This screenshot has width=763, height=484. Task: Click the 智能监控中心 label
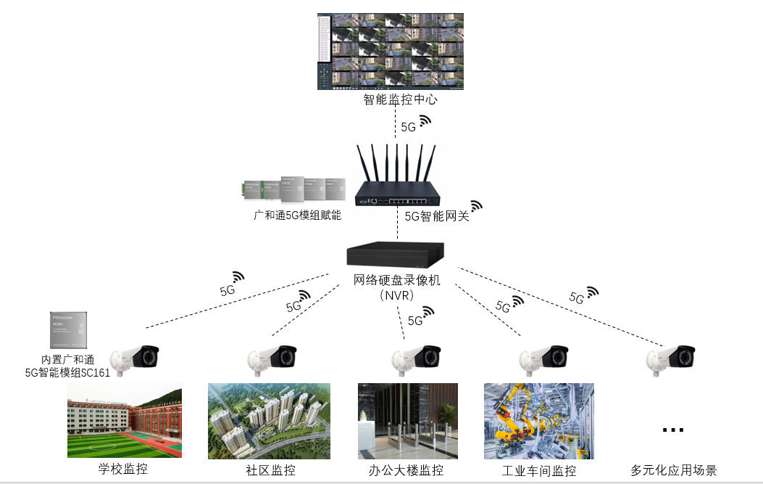click(x=400, y=100)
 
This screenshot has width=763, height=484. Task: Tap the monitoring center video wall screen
click(x=391, y=51)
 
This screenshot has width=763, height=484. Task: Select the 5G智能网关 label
click(x=437, y=216)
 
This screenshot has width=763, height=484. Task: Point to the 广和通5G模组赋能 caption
click(x=297, y=216)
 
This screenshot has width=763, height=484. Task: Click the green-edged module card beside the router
click(x=251, y=190)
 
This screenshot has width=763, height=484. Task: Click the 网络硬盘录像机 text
click(x=397, y=280)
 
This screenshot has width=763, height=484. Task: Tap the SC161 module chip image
click(x=69, y=331)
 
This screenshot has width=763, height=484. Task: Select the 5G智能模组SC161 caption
click(x=68, y=372)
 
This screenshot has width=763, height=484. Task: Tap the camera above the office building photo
click(x=417, y=358)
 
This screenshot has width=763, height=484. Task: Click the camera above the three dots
click(x=672, y=358)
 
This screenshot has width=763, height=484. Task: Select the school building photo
click(x=125, y=422)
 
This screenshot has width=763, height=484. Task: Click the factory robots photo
click(x=539, y=422)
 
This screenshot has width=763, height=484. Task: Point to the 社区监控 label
click(x=270, y=470)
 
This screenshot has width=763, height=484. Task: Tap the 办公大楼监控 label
click(x=406, y=470)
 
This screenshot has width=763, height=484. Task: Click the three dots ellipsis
click(x=673, y=430)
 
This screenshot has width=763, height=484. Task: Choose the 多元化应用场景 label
click(x=674, y=470)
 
